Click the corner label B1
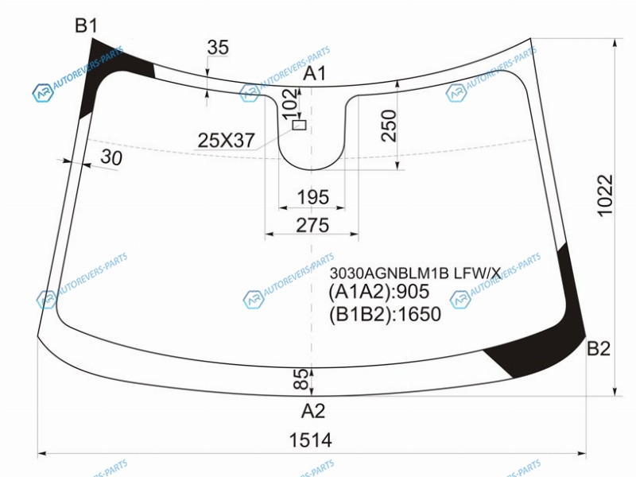tap(87, 25)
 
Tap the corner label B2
tap(599, 348)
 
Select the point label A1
tap(315, 73)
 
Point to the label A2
tap(313, 411)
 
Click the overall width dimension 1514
tap(311, 440)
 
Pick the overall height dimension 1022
tap(605, 196)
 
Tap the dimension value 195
tap(312, 197)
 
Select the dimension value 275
tap(312, 225)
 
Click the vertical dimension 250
tap(389, 126)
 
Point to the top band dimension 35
tap(218, 47)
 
